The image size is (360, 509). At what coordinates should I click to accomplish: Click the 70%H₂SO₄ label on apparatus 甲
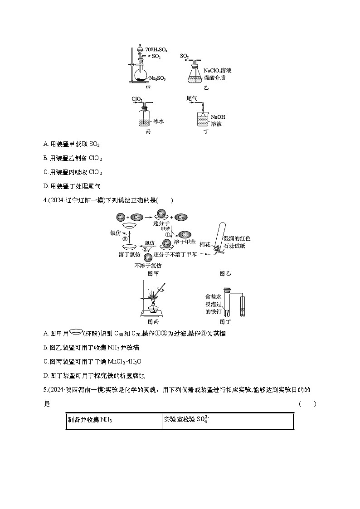pyautogui.click(x=156, y=50)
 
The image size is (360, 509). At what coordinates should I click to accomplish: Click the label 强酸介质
pyautogui.click(x=214, y=78)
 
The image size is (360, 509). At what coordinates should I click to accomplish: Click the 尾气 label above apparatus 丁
pyautogui.click(x=192, y=98)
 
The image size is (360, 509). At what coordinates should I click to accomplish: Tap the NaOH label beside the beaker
pyautogui.click(x=218, y=116)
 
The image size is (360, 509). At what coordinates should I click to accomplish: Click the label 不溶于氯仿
pyautogui.click(x=148, y=266)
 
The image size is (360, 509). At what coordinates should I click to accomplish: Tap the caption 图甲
pyautogui.click(x=153, y=273)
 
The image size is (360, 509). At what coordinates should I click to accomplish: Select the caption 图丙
pyautogui.click(x=153, y=322)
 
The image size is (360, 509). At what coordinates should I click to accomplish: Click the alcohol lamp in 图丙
pyautogui.click(x=155, y=310)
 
